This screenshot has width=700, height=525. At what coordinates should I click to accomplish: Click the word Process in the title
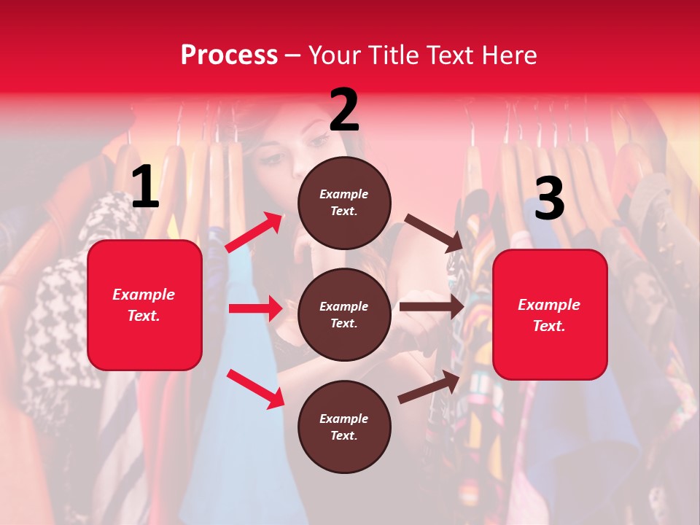pyautogui.click(x=229, y=55)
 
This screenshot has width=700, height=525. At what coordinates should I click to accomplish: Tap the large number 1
pyautogui.click(x=145, y=187)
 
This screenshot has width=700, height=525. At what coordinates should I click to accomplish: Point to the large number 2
pyautogui.click(x=344, y=110)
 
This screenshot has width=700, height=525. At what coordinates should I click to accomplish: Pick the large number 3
pyautogui.click(x=549, y=198)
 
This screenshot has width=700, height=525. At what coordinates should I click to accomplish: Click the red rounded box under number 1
pyautogui.click(x=144, y=305)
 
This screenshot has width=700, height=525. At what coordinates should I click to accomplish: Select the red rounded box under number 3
pyautogui.click(x=550, y=315)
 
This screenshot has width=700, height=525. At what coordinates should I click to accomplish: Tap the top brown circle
pyautogui.click(x=344, y=203)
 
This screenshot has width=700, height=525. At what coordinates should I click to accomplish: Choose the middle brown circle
pyautogui.click(x=344, y=314)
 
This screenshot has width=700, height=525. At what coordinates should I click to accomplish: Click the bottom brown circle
pyautogui.click(x=344, y=427)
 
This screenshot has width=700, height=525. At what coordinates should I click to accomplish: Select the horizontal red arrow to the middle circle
pyautogui.click(x=254, y=308)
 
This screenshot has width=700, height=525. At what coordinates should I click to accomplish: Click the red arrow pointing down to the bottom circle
pyautogui.click(x=255, y=389)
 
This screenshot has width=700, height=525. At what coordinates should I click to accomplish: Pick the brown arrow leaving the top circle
pyautogui.click(x=433, y=233)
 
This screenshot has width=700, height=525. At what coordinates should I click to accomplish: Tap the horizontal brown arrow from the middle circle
pyautogui.click(x=431, y=307)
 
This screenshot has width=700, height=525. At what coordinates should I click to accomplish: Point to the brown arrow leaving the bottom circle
pyautogui.click(x=429, y=386)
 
